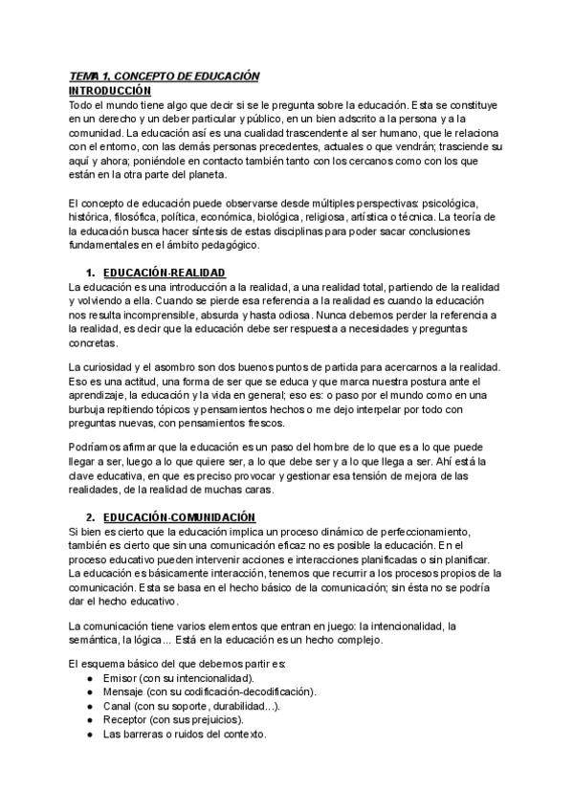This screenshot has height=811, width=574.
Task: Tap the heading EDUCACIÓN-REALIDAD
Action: click(x=164, y=273)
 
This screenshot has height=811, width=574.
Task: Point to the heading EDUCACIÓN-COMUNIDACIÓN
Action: click(x=179, y=516)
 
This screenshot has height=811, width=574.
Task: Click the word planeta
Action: click(x=225, y=174)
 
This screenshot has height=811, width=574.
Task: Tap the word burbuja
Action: click(x=91, y=395)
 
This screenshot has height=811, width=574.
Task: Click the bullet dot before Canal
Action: click(x=89, y=706)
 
